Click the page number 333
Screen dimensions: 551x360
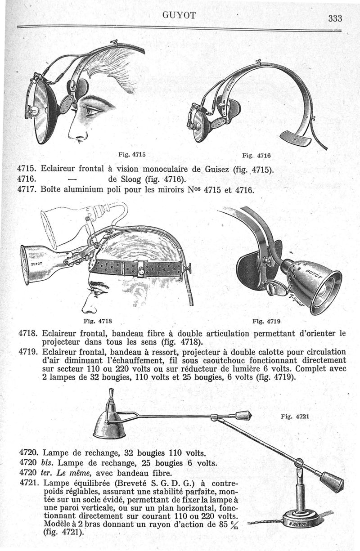click(x=336, y=18)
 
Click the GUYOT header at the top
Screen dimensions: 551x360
click(x=180, y=15)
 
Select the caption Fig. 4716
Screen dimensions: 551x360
click(x=256, y=156)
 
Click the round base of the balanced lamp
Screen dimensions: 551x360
click(x=299, y=524)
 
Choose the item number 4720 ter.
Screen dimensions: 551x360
click(x=37, y=473)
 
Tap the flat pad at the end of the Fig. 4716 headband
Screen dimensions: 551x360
click(x=295, y=138)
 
